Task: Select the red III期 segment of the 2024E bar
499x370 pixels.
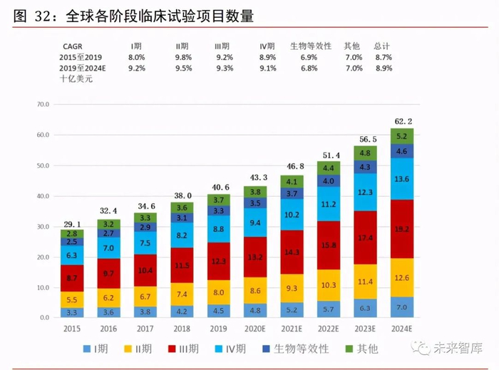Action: coord(402,229)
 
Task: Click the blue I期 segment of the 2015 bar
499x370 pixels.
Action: coord(71,312)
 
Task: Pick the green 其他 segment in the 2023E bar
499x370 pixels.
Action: coord(365,153)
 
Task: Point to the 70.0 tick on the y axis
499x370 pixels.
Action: coord(41,105)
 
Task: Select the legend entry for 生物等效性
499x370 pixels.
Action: coord(297,349)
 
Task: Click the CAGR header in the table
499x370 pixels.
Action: coord(72,46)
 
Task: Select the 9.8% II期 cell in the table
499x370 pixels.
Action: coord(184,57)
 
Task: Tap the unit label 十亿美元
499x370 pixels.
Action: coord(76,78)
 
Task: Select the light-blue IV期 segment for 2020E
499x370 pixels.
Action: coord(255,222)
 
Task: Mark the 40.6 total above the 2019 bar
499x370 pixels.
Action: coord(218,187)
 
